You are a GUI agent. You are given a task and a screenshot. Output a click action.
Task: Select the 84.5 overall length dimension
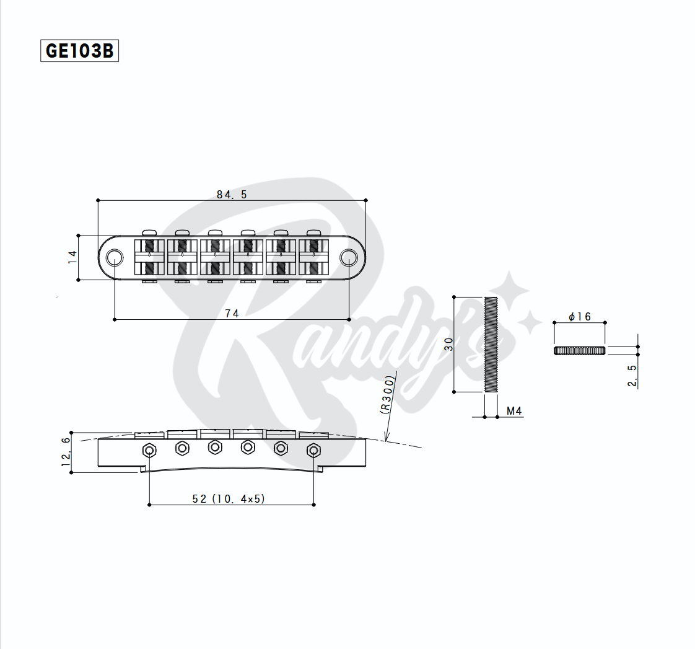click(x=232, y=195)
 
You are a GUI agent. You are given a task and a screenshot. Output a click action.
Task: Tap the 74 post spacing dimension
click(x=232, y=314)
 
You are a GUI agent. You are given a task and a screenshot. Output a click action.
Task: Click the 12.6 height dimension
click(x=66, y=452)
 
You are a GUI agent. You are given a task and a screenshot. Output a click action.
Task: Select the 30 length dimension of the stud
click(x=449, y=345)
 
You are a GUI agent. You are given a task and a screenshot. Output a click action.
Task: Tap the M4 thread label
click(x=514, y=411)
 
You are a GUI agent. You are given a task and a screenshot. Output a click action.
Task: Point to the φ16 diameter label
click(x=580, y=317)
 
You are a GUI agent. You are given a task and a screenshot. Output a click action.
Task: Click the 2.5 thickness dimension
click(x=632, y=376)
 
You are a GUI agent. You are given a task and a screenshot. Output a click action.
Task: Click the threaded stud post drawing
click(x=491, y=345)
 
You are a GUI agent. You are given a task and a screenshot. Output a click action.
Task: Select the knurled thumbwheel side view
click(x=579, y=351)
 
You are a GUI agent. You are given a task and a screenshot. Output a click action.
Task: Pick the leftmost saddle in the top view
click(x=149, y=257)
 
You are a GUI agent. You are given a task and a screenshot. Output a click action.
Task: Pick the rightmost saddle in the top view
click(x=314, y=257)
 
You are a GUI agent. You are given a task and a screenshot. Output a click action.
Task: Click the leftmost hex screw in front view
click(x=149, y=449)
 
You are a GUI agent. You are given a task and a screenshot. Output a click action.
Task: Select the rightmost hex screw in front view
click(x=313, y=449)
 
